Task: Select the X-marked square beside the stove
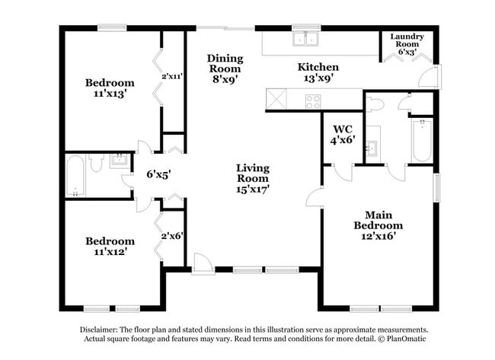pyautogui.click(x=275, y=100)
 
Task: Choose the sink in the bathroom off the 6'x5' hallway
pyautogui.click(x=119, y=161)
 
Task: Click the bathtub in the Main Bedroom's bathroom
pyautogui.click(x=421, y=140)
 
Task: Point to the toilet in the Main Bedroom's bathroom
pyautogui.click(x=374, y=104)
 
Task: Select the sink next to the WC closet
pyautogui.click(x=373, y=147)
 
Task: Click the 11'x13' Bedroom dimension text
pyautogui.click(x=110, y=94)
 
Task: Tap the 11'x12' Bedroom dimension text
pyautogui.click(x=110, y=252)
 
